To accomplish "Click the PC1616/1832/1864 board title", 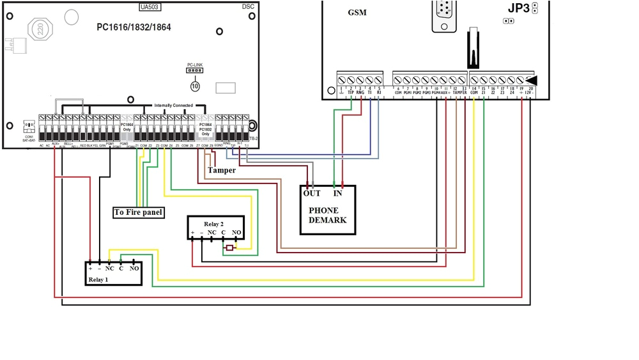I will [134, 27].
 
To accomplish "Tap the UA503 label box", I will [151, 7].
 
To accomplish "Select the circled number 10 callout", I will [195, 85].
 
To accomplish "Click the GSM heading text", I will [357, 13].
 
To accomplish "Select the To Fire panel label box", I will [138, 212].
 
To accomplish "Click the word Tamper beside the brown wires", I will [221, 171].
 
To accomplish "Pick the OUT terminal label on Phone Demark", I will [312, 193].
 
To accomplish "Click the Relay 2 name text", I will [214, 224].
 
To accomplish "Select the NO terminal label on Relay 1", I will [134, 269].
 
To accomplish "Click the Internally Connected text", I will [173, 105].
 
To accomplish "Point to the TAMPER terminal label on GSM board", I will [460, 93].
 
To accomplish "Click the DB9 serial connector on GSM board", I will [445, 14].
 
